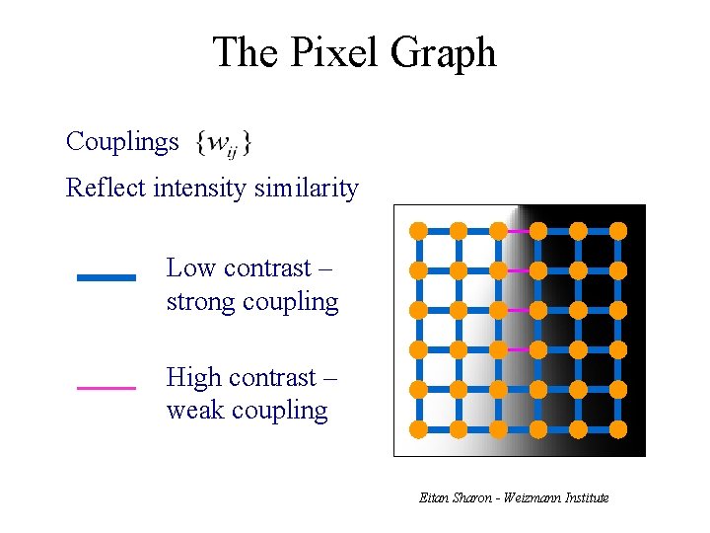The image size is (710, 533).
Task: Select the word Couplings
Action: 123,142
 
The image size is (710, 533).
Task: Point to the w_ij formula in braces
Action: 224,144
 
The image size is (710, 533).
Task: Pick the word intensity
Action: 201,188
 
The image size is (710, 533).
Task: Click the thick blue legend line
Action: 106,278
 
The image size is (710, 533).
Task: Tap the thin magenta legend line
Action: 106,388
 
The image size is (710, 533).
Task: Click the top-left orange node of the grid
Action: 418,230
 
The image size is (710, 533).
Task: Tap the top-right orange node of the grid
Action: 618,230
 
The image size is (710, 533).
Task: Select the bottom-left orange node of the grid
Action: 418,429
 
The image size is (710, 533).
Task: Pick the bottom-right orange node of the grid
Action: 618,429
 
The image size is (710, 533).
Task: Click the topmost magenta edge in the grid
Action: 519,230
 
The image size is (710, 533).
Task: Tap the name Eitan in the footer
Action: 434,497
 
